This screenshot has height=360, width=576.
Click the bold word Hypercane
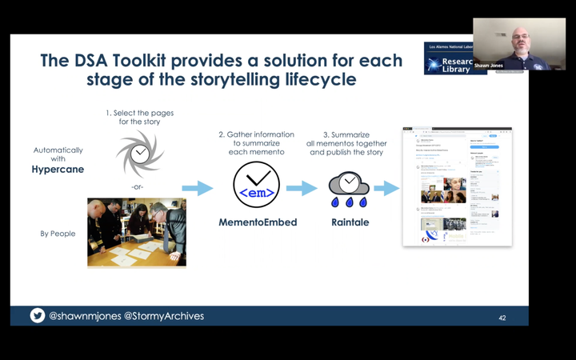click(x=58, y=170)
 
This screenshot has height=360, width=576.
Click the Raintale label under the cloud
click(x=349, y=222)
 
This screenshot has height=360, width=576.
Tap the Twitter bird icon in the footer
click(x=37, y=315)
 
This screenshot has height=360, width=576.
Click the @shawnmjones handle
click(x=85, y=316)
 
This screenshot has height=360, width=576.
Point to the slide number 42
click(x=502, y=318)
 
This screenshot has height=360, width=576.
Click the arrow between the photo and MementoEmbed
click(x=204, y=189)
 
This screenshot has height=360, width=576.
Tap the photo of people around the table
click(x=136, y=232)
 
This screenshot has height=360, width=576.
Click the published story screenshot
click(x=456, y=186)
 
